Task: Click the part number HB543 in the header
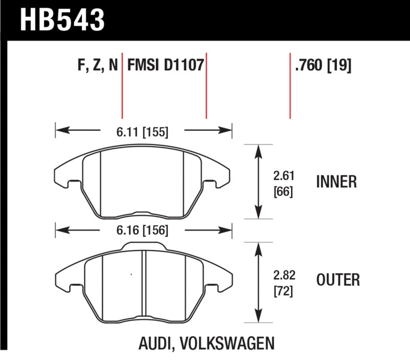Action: [x=62, y=21]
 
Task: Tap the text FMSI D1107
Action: [x=166, y=66]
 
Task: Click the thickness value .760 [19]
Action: [x=322, y=66]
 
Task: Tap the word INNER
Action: [x=337, y=182]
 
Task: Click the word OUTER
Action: [x=338, y=280]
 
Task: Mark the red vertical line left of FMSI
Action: [x=122, y=85]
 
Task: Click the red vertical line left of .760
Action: [x=291, y=85]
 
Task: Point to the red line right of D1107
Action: [x=206, y=85]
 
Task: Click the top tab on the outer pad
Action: [x=135, y=247]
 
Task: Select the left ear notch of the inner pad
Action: [x=72, y=182]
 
